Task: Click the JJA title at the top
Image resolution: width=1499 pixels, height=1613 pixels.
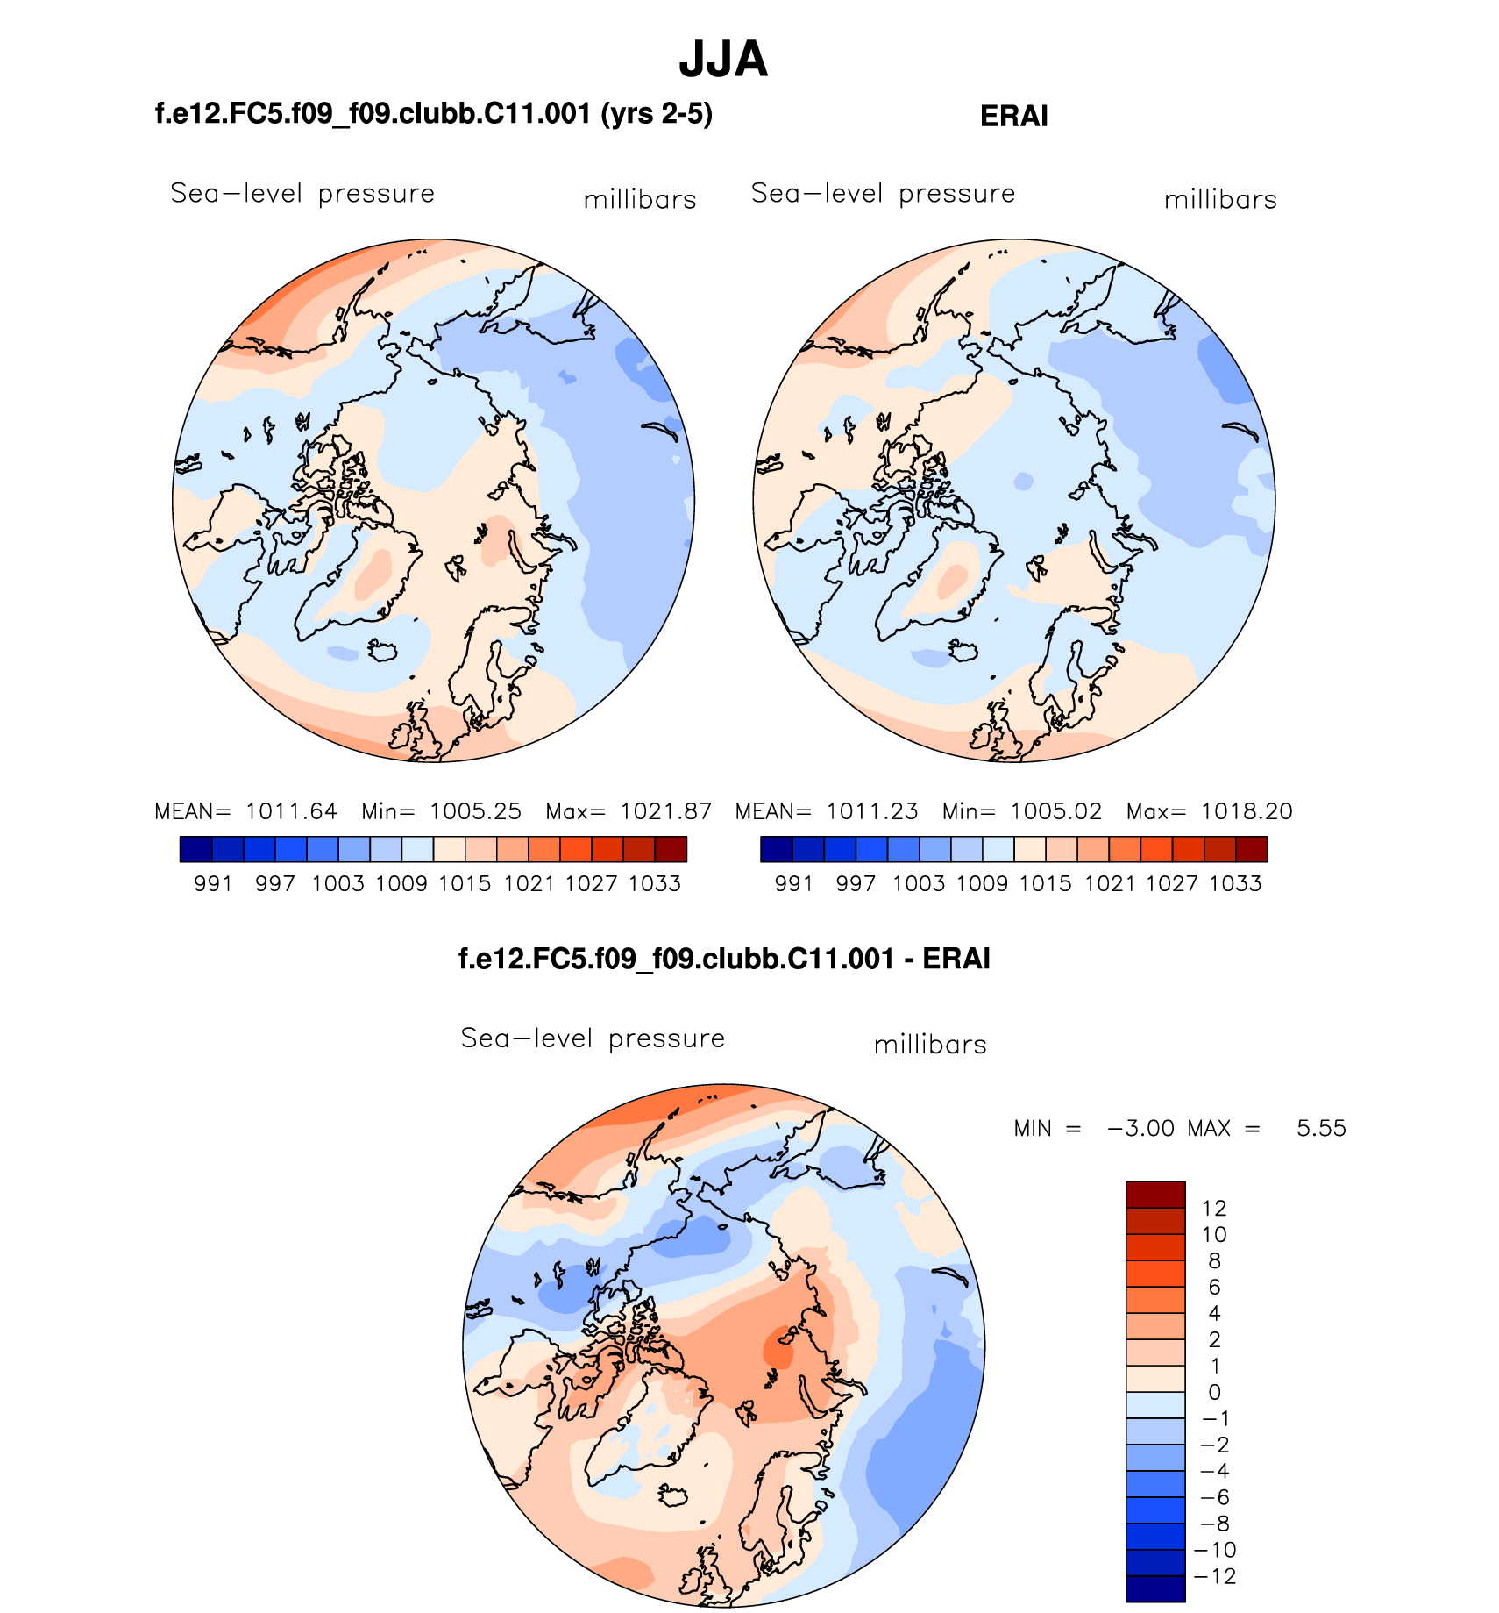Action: click(x=723, y=60)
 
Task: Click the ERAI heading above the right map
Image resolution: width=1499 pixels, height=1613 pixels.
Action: click(x=1013, y=117)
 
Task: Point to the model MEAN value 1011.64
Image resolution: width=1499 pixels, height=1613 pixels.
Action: click(x=291, y=811)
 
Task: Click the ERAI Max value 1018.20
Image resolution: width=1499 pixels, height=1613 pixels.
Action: click(x=1247, y=811)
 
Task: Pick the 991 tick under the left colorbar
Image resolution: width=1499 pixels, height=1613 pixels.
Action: click(x=213, y=884)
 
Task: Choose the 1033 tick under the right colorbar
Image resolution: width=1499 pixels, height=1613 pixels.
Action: click(x=1235, y=884)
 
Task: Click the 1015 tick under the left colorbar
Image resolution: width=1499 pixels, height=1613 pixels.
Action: click(x=465, y=884)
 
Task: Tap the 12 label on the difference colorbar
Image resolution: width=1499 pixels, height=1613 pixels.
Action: click(x=1214, y=1209)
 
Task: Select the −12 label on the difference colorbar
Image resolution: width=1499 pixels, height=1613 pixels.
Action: click(x=1217, y=1576)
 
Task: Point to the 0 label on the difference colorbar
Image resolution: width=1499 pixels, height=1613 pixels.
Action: click(x=1214, y=1392)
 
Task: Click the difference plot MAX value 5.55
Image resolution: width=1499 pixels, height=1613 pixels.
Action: click(x=1321, y=1128)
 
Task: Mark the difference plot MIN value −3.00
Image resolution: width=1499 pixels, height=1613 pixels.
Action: click(x=1140, y=1128)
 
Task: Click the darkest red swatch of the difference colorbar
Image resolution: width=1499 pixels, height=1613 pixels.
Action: click(x=1155, y=1195)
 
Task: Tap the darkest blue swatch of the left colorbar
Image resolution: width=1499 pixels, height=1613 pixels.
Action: click(x=195, y=849)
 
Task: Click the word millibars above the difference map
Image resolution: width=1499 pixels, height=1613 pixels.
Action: click(x=930, y=1045)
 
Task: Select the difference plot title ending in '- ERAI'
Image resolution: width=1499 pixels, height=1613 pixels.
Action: click(x=724, y=959)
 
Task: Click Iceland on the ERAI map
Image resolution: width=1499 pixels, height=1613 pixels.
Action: click(x=963, y=652)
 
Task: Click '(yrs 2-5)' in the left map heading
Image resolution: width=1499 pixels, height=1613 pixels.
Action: click(x=657, y=114)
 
